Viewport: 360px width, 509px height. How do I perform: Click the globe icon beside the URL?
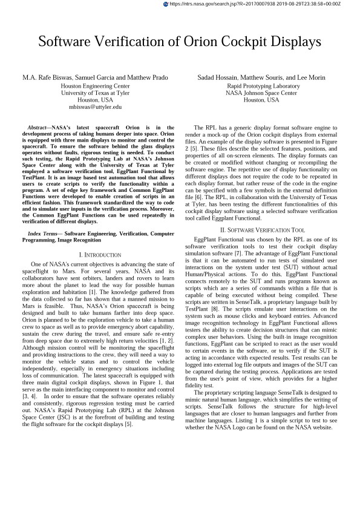coord(166,4)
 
